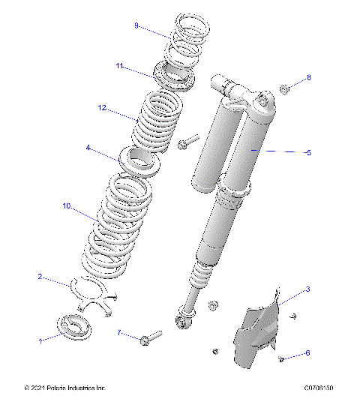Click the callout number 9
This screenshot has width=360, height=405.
tap(136, 25)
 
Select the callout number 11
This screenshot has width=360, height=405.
tap(119, 66)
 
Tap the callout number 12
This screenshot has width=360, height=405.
tap(102, 108)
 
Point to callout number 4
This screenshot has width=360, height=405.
tap(88, 148)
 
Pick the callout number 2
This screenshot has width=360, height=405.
tap(40, 277)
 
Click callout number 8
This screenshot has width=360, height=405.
tap(308, 78)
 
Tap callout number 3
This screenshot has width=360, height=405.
tap(307, 289)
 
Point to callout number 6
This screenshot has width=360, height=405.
tap(307, 352)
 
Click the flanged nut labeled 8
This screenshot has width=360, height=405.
tap(285, 90)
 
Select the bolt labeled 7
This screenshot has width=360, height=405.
tap(150, 338)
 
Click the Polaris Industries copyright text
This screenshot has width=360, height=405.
tap(65, 388)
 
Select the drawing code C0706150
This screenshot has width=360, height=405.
tap(318, 388)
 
